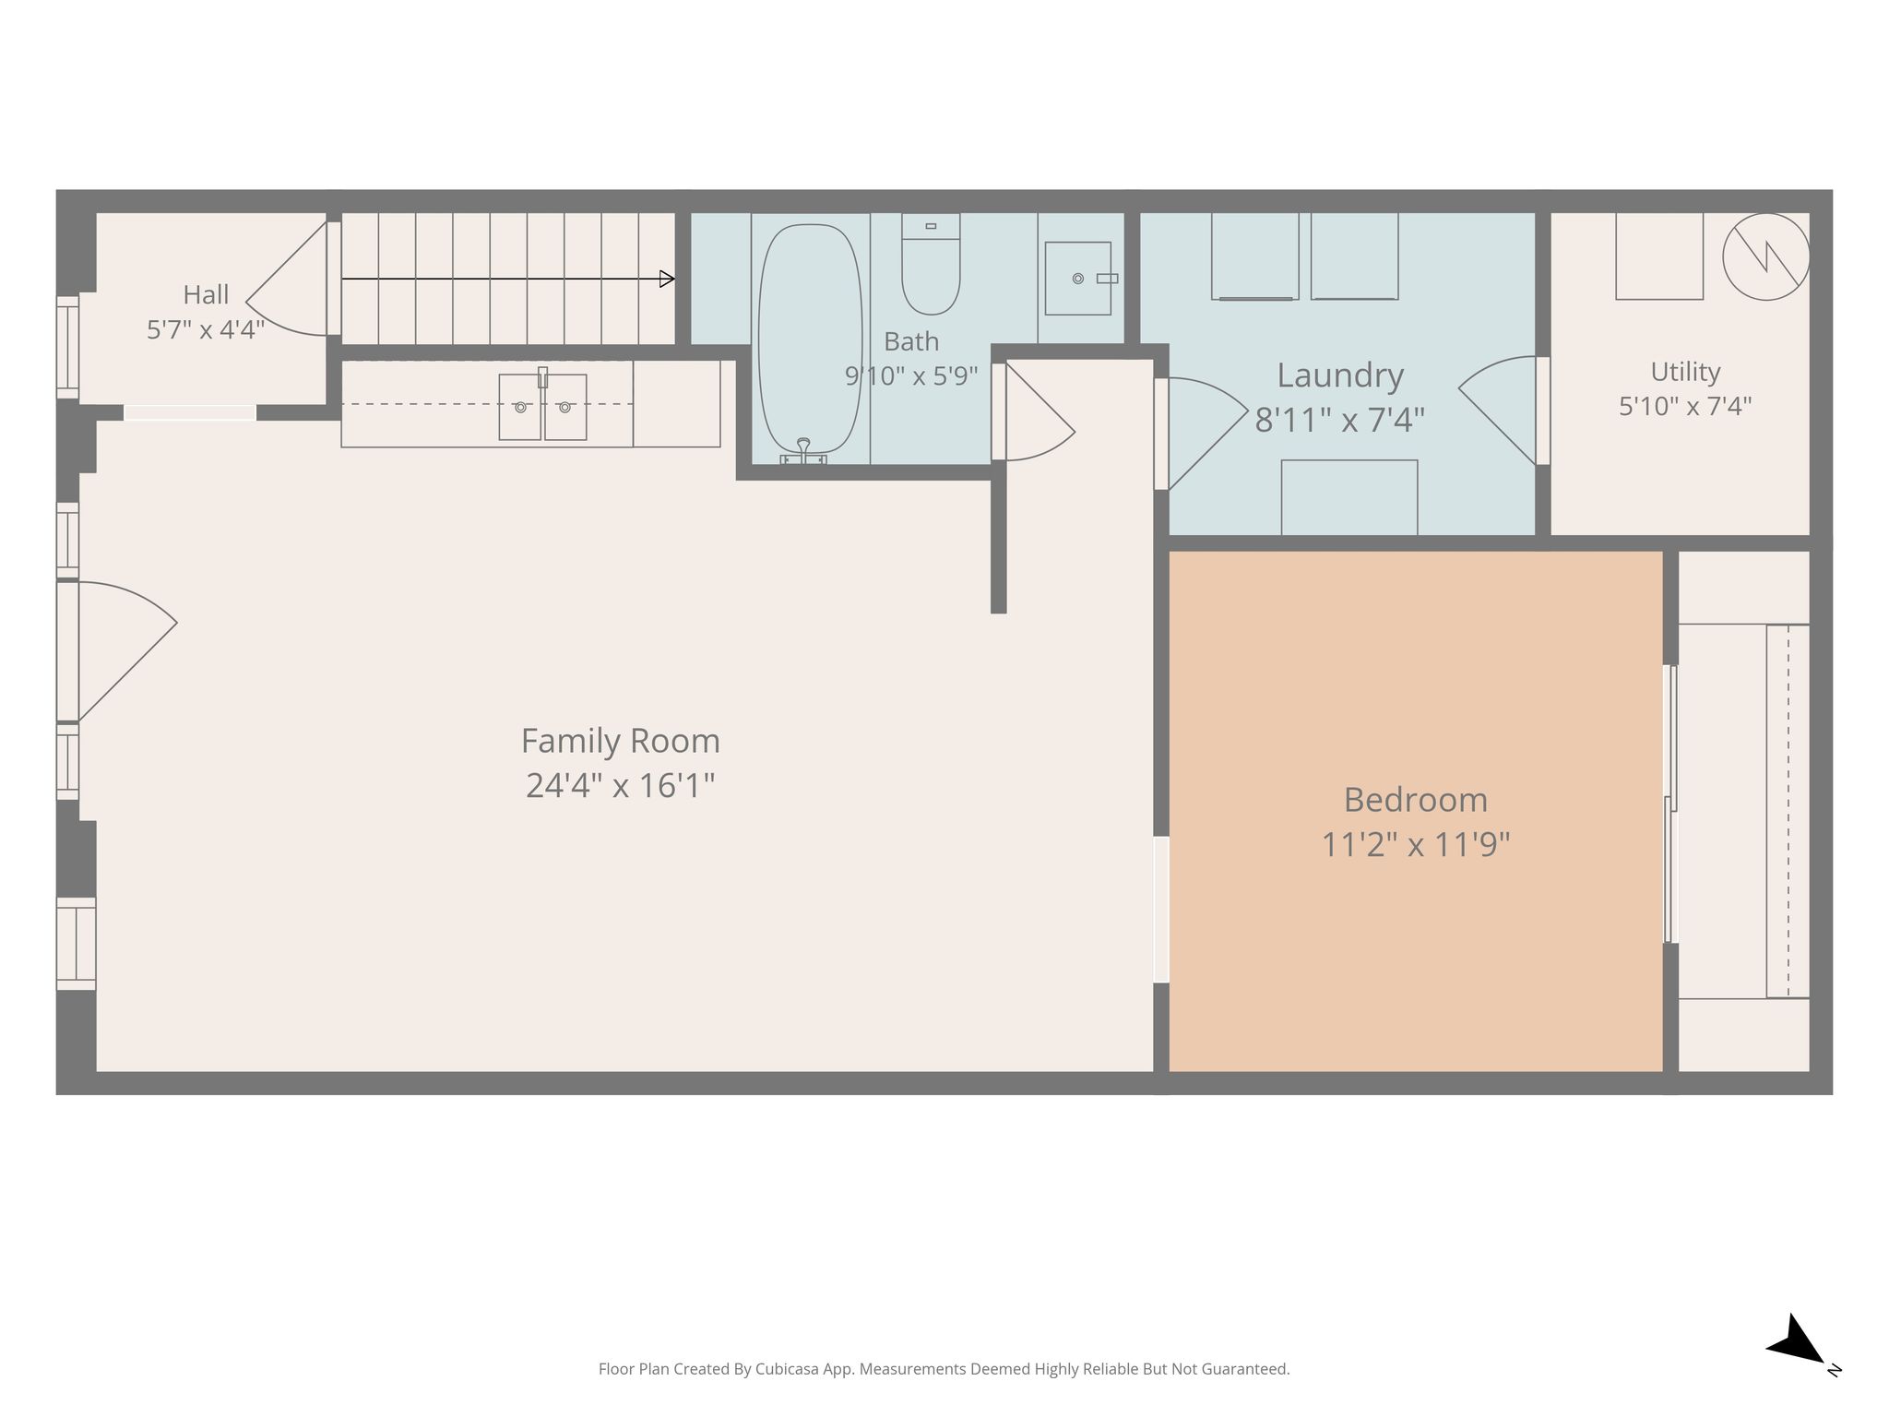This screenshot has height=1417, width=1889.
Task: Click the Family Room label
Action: [x=620, y=741]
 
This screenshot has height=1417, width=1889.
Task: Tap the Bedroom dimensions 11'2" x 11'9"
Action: [x=1415, y=844]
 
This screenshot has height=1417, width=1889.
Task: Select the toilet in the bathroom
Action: [x=931, y=264]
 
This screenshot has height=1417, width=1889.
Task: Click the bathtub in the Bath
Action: [x=810, y=339]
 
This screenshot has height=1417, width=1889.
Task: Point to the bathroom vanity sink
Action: [x=1077, y=279]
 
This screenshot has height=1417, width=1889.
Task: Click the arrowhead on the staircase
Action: [x=667, y=279]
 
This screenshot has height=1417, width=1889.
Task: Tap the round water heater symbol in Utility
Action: [x=1765, y=256]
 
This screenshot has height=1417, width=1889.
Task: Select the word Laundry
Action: [x=1340, y=376]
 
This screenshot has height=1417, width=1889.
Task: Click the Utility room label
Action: [x=1685, y=372]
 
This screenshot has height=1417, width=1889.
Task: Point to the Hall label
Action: [x=206, y=295]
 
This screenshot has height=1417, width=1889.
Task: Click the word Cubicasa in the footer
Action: [x=790, y=1370]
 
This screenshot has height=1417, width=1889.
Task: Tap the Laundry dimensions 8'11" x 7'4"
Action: [x=1339, y=421]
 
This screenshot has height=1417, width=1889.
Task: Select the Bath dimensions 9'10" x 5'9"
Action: [x=911, y=376]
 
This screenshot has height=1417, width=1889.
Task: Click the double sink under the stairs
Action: [x=542, y=407]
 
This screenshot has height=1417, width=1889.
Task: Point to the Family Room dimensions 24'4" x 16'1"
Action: [x=620, y=786]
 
